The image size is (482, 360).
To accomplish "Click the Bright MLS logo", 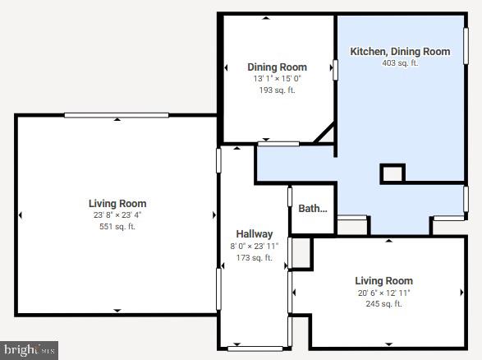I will tap(30, 350).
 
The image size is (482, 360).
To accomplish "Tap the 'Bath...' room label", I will tap(312, 209).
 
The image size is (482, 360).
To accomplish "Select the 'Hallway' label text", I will tap(254, 234).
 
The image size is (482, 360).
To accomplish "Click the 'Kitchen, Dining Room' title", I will tap(400, 51).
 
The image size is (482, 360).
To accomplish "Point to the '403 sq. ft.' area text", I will tap(400, 62).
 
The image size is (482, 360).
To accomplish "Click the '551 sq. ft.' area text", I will tap(117, 227).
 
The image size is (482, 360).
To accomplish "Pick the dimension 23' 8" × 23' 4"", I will tap(117, 215).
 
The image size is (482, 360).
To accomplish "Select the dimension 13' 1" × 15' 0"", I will tap(277, 79).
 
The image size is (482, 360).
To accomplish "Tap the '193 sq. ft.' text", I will tap(277, 90).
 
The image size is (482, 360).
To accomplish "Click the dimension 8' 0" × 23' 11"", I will tap(254, 247).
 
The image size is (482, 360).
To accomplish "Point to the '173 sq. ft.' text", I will tap(254, 258).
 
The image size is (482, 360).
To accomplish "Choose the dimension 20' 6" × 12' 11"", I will tap(383, 293).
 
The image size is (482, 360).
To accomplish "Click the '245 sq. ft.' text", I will tap(383, 304).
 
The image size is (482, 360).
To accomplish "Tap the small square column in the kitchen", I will tap(392, 173).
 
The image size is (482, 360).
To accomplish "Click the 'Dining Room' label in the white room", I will tap(277, 67).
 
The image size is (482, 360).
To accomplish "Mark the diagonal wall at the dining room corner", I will tap(325, 133).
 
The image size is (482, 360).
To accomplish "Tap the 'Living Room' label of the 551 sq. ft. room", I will tap(117, 204).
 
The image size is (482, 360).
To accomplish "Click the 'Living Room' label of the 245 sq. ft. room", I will tap(383, 281).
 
